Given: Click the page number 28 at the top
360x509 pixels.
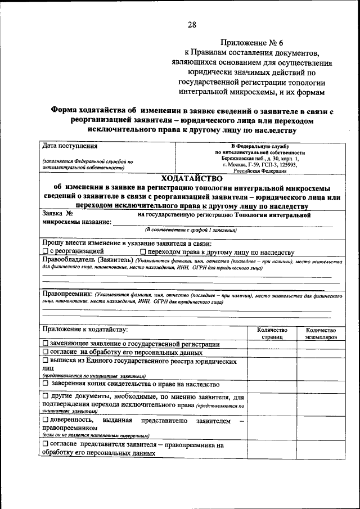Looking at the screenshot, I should point(192,24).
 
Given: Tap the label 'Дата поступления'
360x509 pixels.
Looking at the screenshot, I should point(70,147).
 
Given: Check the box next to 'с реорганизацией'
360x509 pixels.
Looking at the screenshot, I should point(46,252).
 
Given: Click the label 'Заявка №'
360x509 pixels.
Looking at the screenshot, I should point(58,214).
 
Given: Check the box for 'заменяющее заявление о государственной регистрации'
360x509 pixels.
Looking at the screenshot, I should point(46,344).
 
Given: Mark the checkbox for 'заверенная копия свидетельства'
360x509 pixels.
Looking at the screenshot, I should point(46,383).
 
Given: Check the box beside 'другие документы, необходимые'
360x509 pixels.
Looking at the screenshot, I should point(46,397).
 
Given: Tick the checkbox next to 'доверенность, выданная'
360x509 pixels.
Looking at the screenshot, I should point(46,420).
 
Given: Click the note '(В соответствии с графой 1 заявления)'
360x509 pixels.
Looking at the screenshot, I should point(191,230).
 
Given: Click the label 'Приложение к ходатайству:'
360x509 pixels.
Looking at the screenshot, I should point(85,329).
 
